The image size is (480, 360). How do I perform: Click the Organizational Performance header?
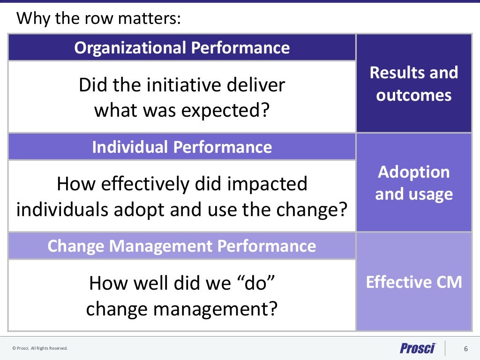[x=182, y=48]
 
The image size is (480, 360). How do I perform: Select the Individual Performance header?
[x=182, y=147]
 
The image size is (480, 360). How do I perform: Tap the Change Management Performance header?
[x=182, y=246]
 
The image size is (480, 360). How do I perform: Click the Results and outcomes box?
[x=414, y=83]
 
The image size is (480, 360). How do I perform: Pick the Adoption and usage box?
[x=414, y=183]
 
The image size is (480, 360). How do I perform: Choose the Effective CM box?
[x=414, y=282]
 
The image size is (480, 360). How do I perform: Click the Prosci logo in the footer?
[x=418, y=348]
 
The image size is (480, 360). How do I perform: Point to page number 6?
[x=465, y=348]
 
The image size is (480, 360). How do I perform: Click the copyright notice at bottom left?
[x=40, y=348]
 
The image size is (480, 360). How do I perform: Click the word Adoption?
[x=414, y=172]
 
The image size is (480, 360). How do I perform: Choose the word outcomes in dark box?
[x=414, y=95]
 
